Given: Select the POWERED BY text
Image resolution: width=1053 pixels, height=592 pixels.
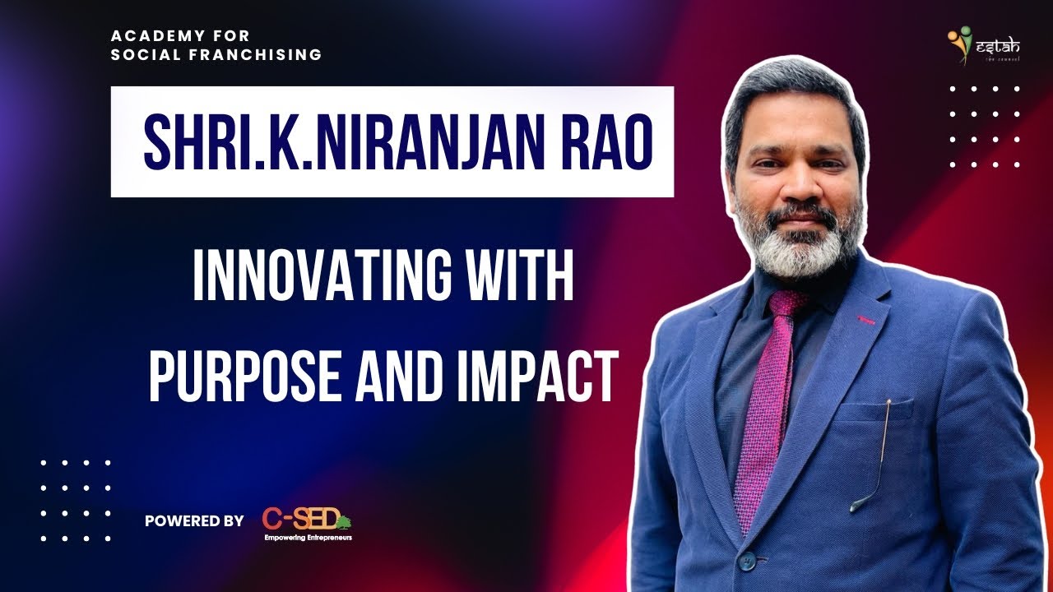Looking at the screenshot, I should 194,520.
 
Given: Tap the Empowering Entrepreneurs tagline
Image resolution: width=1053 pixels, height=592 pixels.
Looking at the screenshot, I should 308,538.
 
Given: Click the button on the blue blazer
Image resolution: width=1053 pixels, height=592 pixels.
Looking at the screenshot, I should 746,561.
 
